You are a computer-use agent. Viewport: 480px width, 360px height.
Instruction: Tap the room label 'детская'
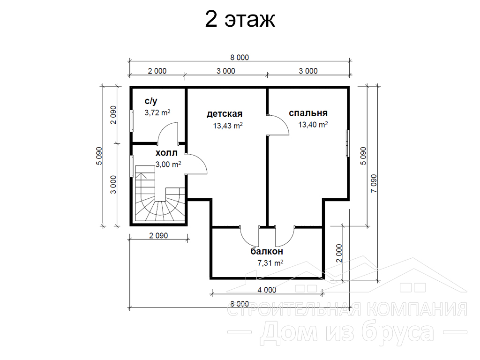click(x=225, y=114)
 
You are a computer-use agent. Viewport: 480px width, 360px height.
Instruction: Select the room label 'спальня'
click(x=308, y=113)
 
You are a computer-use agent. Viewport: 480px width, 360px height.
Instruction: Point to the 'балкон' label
click(x=267, y=251)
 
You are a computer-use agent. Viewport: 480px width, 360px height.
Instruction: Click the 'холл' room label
click(x=166, y=153)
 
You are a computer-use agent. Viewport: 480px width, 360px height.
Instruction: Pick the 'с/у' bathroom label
click(x=151, y=101)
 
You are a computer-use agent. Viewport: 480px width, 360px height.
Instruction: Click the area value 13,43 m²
click(x=228, y=126)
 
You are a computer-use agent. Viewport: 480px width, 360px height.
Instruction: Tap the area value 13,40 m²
click(x=313, y=125)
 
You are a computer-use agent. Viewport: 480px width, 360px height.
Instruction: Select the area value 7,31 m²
click(x=270, y=262)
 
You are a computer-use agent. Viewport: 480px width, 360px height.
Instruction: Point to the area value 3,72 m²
click(x=157, y=112)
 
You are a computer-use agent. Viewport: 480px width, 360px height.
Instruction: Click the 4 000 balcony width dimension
click(x=267, y=290)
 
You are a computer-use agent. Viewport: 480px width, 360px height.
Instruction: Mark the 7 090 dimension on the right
click(x=374, y=183)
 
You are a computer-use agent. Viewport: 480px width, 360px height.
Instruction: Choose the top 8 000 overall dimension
click(x=240, y=57)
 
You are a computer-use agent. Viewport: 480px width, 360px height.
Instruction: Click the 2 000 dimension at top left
click(x=157, y=71)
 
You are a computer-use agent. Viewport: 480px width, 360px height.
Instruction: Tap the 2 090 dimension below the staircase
click(x=158, y=235)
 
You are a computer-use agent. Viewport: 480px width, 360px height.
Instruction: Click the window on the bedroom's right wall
click(x=347, y=143)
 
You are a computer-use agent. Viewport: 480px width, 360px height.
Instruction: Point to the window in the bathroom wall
click(x=132, y=121)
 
